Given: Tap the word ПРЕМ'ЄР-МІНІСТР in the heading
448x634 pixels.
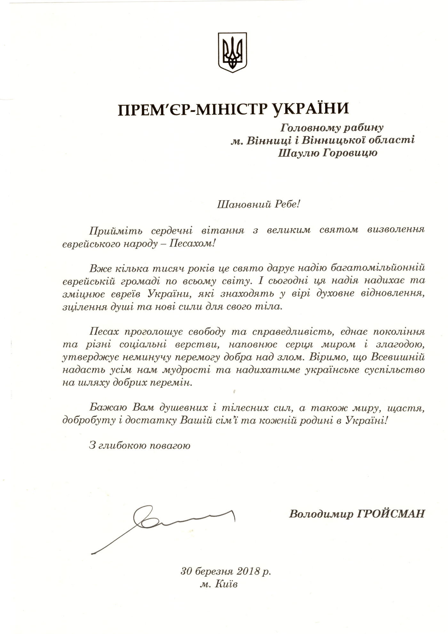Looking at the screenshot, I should (x=189, y=110).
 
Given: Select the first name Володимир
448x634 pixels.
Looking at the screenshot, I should (x=317, y=514).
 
